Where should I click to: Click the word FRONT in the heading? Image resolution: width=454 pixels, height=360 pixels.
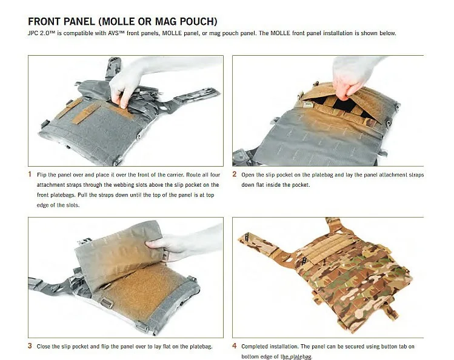click(45, 22)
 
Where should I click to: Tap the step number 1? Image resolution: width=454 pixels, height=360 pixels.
click(30, 174)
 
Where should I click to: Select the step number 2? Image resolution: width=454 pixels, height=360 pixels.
click(235, 174)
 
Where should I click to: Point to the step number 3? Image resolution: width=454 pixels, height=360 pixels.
click(30, 346)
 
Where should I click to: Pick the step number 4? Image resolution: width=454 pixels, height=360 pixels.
click(235, 346)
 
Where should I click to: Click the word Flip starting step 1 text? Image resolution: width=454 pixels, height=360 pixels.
click(42, 175)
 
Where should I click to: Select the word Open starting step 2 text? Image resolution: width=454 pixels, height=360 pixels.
click(247, 175)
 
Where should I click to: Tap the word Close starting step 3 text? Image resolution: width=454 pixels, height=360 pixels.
click(44, 347)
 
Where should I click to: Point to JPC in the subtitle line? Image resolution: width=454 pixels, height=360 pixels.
click(33, 33)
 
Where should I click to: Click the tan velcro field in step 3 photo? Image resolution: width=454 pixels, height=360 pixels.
click(139, 295)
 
